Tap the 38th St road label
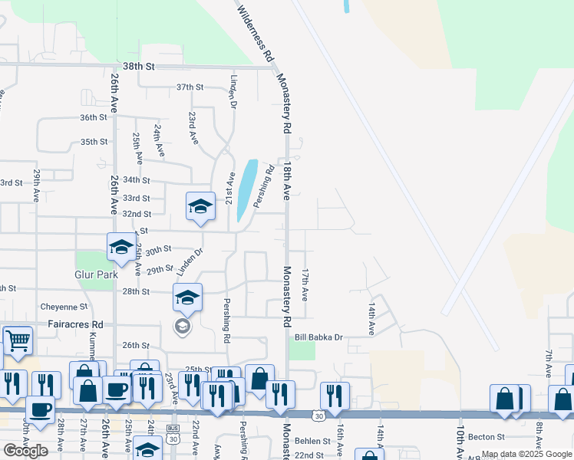(x=139, y=67)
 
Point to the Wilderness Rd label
(x=256, y=34)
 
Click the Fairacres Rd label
(x=76, y=324)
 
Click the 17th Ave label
(x=305, y=284)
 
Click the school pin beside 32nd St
(x=200, y=206)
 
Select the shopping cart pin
(x=18, y=340)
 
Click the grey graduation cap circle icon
(x=182, y=327)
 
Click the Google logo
(x=25, y=451)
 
